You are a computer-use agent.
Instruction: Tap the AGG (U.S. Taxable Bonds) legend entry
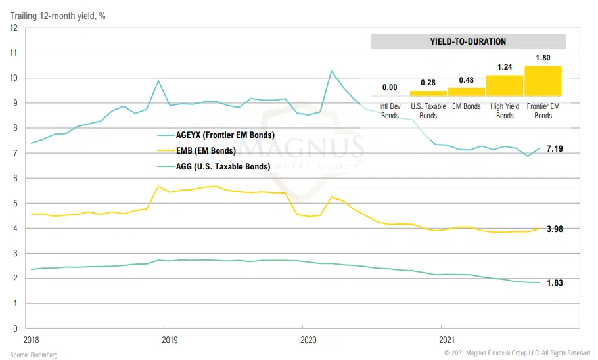[221, 167]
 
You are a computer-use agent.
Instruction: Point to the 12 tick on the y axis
[13, 28]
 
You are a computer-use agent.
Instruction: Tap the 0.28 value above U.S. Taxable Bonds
[428, 83]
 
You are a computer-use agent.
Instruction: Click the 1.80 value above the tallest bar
[543, 58]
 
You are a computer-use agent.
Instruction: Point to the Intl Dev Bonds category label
[390, 111]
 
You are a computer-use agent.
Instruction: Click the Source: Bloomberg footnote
[34, 355]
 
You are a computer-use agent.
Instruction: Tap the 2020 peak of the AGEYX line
[332, 71]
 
